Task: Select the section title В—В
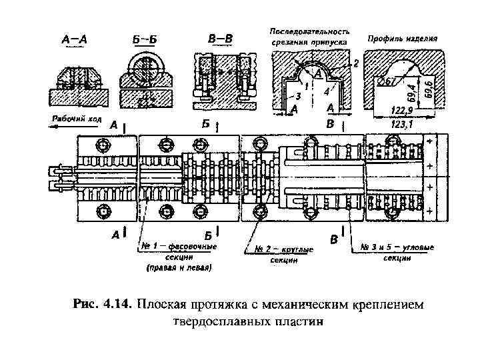tap(221, 39)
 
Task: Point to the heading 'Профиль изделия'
tap(403, 39)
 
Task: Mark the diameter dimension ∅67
tap(387, 81)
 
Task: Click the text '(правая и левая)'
tap(179, 269)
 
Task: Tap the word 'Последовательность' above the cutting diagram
tap(309, 31)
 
